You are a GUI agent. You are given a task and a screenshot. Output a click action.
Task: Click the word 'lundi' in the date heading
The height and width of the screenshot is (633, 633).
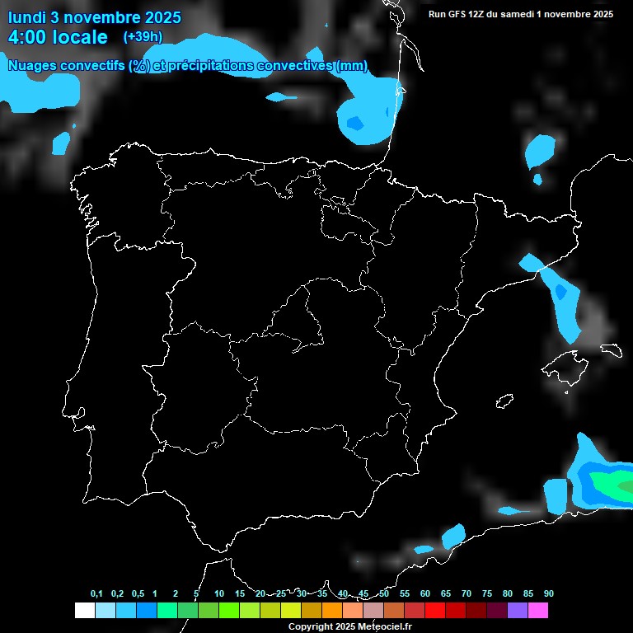pyautogui.click(x=26, y=17)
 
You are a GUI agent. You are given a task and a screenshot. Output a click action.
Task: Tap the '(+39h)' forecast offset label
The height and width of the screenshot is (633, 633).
pyautogui.click(x=143, y=36)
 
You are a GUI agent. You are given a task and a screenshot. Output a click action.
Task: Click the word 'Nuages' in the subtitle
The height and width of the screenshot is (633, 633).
pyautogui.click(x=34, y=66)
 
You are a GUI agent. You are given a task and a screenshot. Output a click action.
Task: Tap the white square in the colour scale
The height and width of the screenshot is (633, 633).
pyautogui.click(x=84, y=611)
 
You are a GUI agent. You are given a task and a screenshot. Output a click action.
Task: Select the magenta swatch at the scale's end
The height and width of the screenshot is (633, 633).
pyautogui.click(x=538, y=611)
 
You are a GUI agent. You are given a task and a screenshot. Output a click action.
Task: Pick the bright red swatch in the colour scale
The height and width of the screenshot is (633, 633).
pyautogui.click(x=435, y=611)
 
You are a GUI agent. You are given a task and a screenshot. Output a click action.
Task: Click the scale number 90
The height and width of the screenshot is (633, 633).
pyautogui.click(x=549, y=594)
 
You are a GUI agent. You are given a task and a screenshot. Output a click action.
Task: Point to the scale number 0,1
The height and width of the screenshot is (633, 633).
pyautogui.click(x=96, y=594)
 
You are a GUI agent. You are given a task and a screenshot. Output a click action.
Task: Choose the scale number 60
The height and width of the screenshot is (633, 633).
pyautogui.click(x=425, y=594)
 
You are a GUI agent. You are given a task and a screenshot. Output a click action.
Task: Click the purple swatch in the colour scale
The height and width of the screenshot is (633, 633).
pyautogui.click(x=518, y=611)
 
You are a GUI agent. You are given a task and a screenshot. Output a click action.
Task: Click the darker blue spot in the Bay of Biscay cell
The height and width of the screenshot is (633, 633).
pyautogui.click(x=354, y=124)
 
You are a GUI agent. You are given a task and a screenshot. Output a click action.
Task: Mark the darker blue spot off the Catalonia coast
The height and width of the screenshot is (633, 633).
pyautogui.click(x=561, y=291)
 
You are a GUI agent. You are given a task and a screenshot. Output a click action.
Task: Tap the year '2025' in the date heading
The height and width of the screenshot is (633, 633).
pyautogui.click(x=163, y=17)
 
